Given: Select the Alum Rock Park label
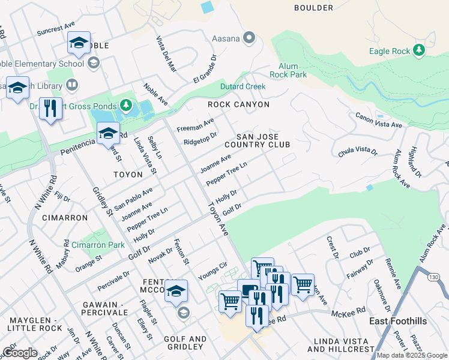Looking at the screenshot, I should (x=292, y=71).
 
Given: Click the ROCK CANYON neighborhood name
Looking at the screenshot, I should (x=238, y=104).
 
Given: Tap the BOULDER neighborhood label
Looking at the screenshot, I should (x=313, y=8).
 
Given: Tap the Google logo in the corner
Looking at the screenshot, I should (x=19, y=353).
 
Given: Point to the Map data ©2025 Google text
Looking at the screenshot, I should (x=412, y=355).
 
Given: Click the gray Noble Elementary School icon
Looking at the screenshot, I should (x=94, y=63).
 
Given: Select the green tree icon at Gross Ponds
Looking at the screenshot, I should (x=125, y=106).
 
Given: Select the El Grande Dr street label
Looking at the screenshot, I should (x=204, y=71).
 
